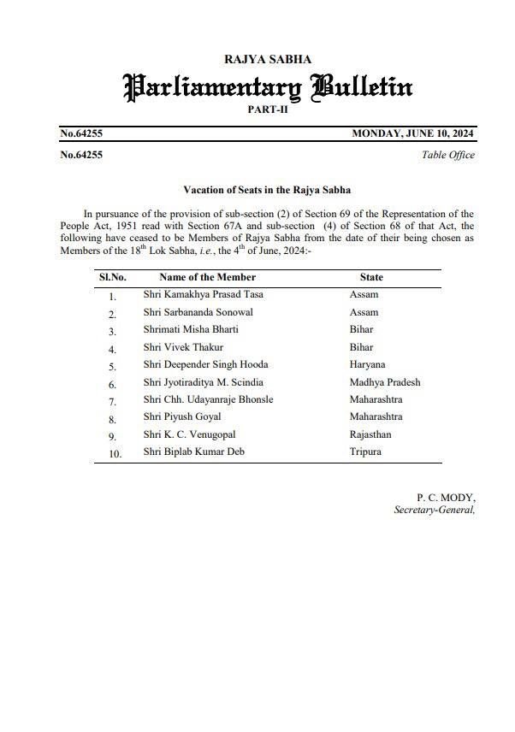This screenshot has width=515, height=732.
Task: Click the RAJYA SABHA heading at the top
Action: [267, 59]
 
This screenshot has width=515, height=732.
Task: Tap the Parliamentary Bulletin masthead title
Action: [268, 86]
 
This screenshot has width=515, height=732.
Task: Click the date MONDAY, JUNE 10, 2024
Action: [413, 133]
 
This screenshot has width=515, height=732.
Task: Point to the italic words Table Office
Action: [448, 155]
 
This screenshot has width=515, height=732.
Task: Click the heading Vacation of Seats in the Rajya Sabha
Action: [267, 189]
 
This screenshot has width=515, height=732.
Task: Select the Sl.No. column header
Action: [113, 277]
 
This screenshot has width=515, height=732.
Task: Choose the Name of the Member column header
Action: [207, 277]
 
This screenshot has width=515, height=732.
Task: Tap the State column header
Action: [371, 277]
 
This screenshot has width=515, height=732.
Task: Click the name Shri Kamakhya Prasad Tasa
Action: [204, 295]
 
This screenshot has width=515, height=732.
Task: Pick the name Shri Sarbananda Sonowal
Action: [198, 312]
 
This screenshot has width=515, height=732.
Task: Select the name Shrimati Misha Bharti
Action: [191, 329]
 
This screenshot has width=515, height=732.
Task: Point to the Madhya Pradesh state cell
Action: [385, 382]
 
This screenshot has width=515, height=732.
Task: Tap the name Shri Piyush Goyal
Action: [182, 416]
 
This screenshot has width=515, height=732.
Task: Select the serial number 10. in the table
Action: [114, 453]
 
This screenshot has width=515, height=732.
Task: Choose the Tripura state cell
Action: [365, 452]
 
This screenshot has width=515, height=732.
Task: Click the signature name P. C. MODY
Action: [446, 497]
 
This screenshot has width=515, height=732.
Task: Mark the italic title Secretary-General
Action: [434, 510]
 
